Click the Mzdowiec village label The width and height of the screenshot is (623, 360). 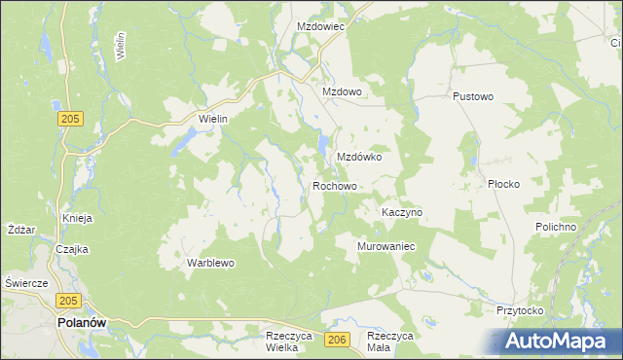point(321,27)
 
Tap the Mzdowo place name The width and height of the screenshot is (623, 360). point(343,92)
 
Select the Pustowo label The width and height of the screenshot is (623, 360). point(474,97)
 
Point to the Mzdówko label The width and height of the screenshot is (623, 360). point(358,157)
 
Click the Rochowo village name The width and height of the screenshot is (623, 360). point(335,186)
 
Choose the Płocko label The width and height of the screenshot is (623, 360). point(504,184)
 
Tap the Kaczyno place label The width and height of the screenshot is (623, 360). point(401,212)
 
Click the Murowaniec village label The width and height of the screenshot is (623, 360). point(387,247)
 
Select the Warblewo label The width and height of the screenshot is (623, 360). point(211,263)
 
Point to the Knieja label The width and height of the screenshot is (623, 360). point(77,218)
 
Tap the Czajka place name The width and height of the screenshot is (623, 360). point(72,249)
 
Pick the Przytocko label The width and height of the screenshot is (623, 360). point(519,310)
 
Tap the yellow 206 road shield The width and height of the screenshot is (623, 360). point(337,339)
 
